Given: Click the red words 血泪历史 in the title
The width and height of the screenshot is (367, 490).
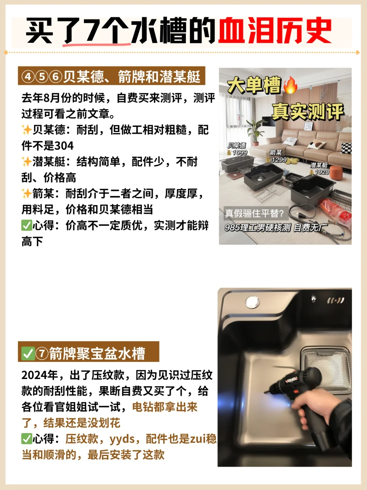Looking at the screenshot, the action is (x=275, y=30).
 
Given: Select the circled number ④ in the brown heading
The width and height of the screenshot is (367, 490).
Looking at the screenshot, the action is (x=28, y=76).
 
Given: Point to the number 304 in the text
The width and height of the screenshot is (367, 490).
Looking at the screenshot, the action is (x=64, y=146).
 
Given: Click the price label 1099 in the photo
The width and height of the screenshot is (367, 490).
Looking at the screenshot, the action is (x=240, y=152).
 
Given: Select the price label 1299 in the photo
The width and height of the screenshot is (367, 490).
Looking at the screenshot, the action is (x=279, y=160).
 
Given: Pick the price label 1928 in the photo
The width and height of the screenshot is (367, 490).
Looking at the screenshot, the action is (x=322, y=172).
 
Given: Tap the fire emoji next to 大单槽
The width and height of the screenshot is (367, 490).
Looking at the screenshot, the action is (x=291, y=85).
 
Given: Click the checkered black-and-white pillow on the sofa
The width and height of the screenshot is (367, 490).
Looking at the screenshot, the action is (x=347, y=148).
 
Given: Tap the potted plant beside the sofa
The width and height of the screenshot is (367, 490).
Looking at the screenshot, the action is (x=256, y=132).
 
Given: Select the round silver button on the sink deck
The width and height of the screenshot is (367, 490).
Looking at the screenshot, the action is (x=252, y=302).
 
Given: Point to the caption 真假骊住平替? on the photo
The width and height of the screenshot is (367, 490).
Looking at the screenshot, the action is (x=254, y=213).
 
